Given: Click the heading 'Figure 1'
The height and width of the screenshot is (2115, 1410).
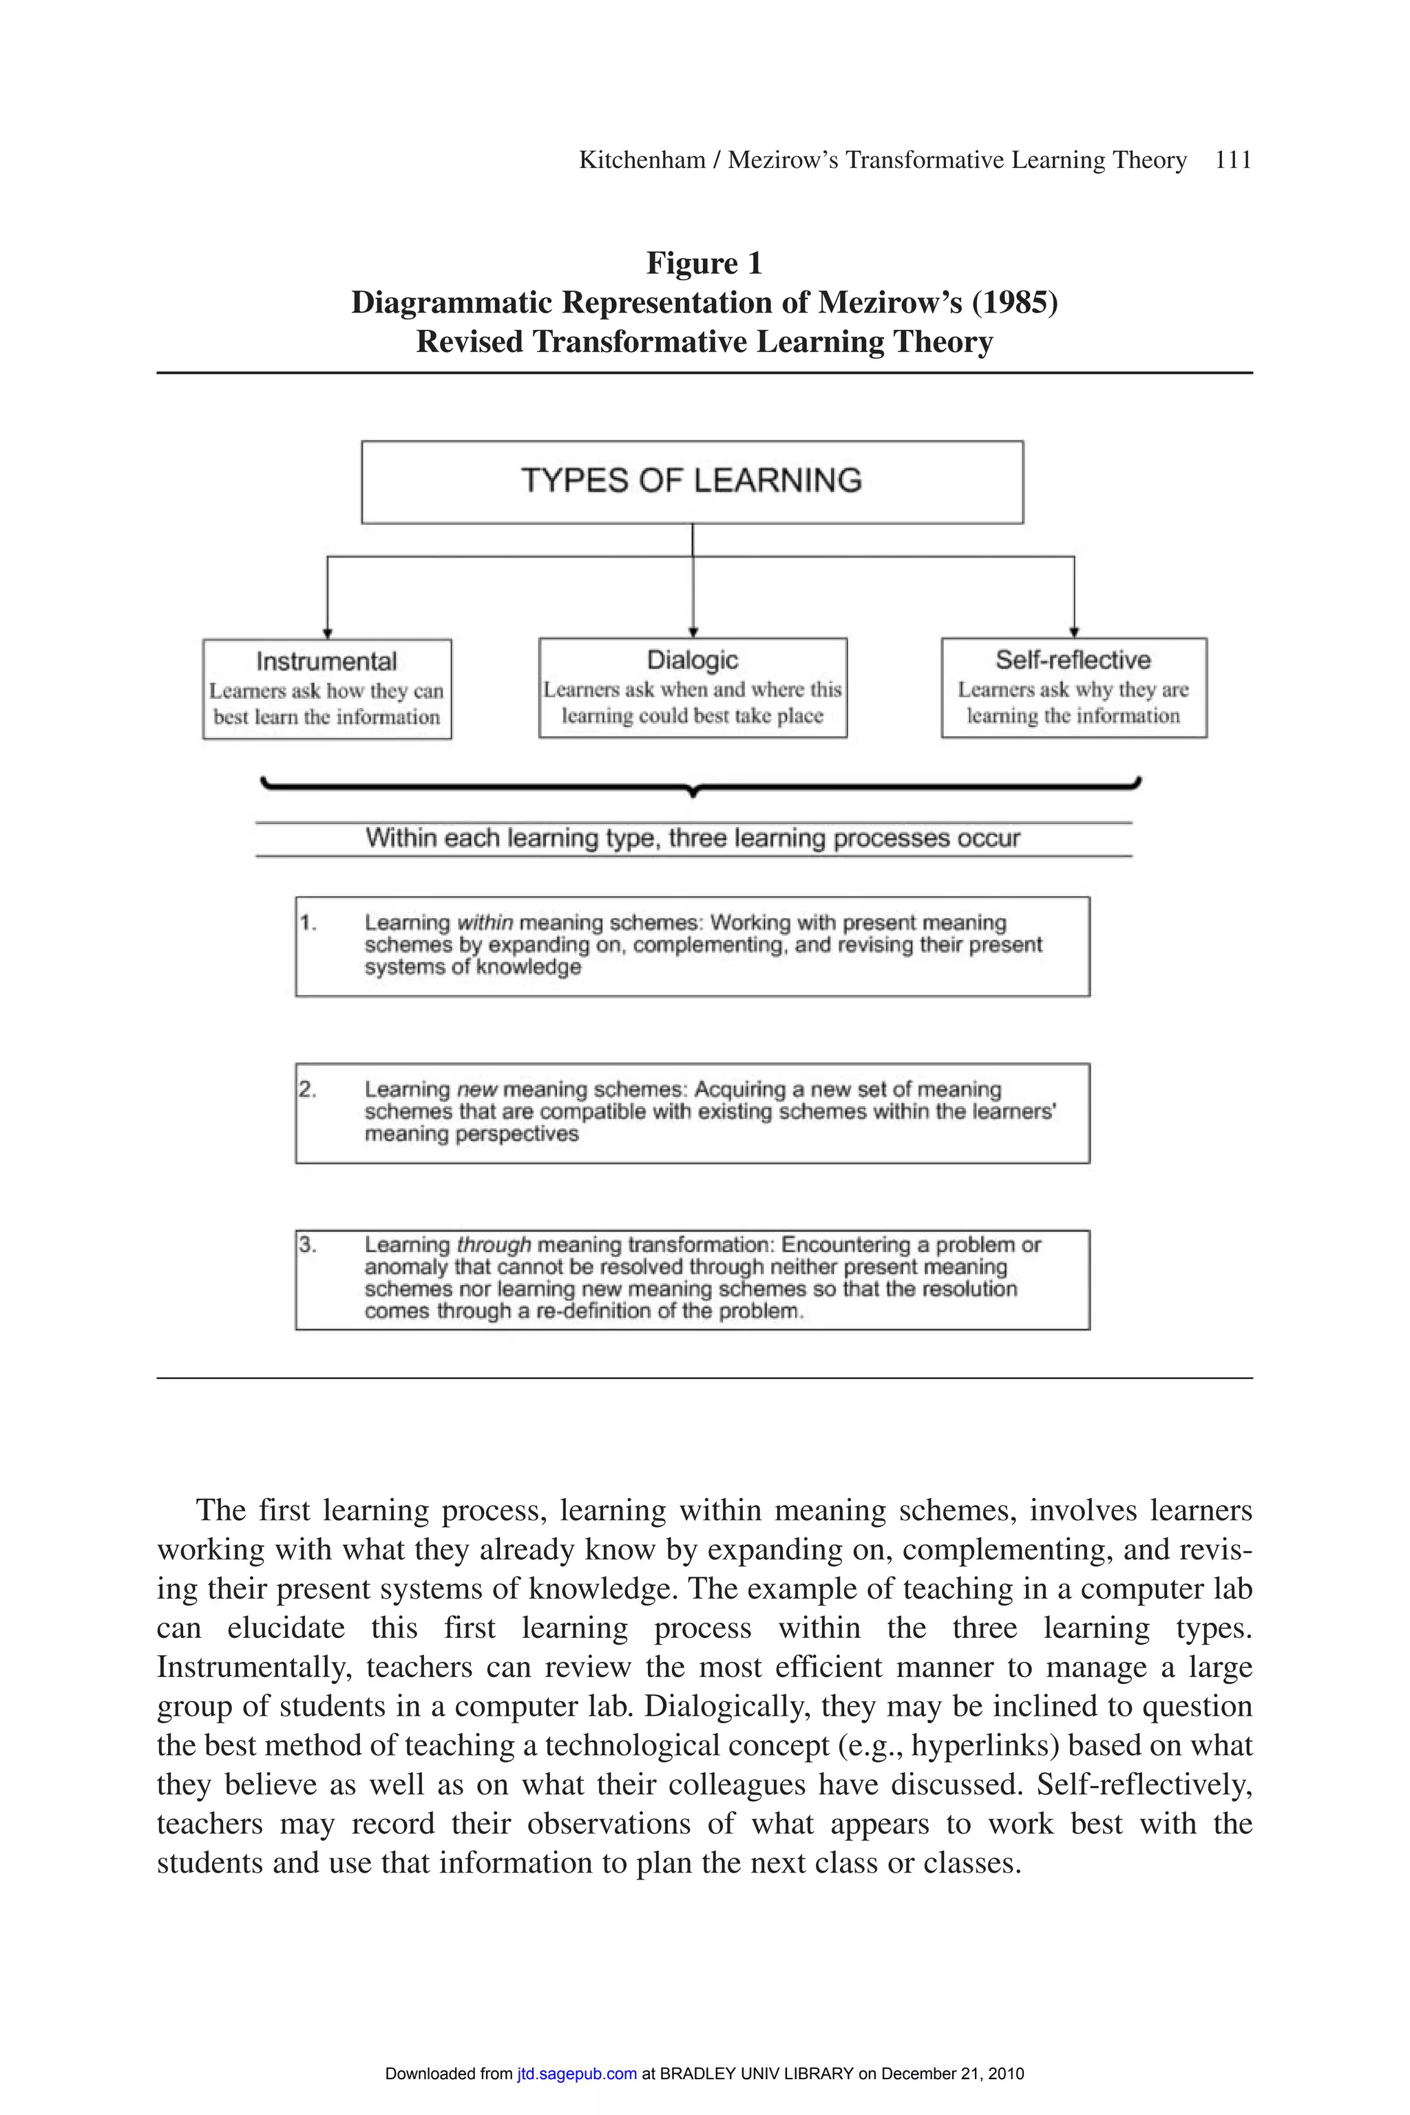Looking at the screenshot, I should (x=704, y=264).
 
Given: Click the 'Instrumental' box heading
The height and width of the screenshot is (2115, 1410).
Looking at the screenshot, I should (x=326, y=662).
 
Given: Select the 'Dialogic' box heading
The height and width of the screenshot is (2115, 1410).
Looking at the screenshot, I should (x=693, y=660).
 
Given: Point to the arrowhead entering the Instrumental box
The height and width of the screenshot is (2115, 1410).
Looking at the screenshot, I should (x=327, y=634).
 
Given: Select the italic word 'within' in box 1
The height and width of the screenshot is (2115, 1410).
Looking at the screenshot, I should (x=485, y=923).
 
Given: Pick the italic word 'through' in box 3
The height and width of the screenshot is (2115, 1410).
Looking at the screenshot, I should (x=494, y=1245).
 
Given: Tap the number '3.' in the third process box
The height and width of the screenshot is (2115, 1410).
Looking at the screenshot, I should (x=308, y=1245).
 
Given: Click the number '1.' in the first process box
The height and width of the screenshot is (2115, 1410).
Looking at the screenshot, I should (x=308, y=923).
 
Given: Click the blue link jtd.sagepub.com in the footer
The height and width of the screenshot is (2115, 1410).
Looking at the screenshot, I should (x=576, y=2074).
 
